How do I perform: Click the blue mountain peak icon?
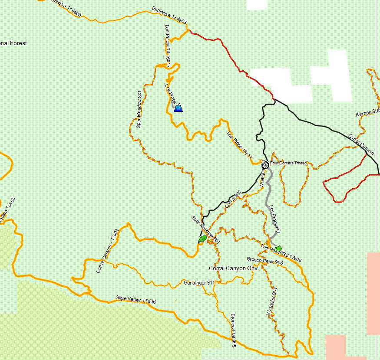[178, 108]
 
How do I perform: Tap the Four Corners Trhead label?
[288, 163]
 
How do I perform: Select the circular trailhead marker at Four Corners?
[266, 164]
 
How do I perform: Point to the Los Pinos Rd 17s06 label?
[281, 253]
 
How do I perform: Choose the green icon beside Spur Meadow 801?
[202, 239]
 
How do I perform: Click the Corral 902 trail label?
[233, 199]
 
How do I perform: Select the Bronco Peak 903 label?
[265, 261]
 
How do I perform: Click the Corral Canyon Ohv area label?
[233, 268]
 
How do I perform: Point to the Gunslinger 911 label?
[199, 283]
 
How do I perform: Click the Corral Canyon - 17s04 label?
[107, 251]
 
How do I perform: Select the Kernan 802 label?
[367, 113]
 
